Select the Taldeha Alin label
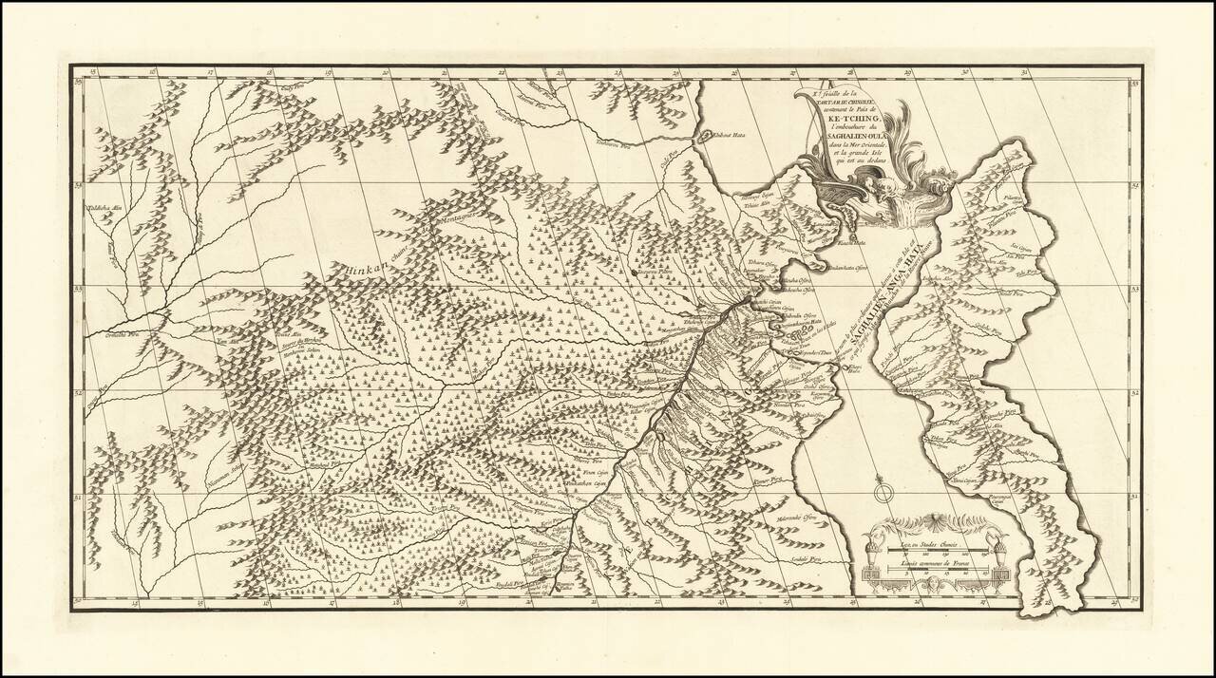pyautogui.click(x=105, y=208)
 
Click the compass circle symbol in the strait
pyautogui.click(x=883, y=492)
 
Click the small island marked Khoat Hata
pyautogui.click(x=707, y=137)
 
